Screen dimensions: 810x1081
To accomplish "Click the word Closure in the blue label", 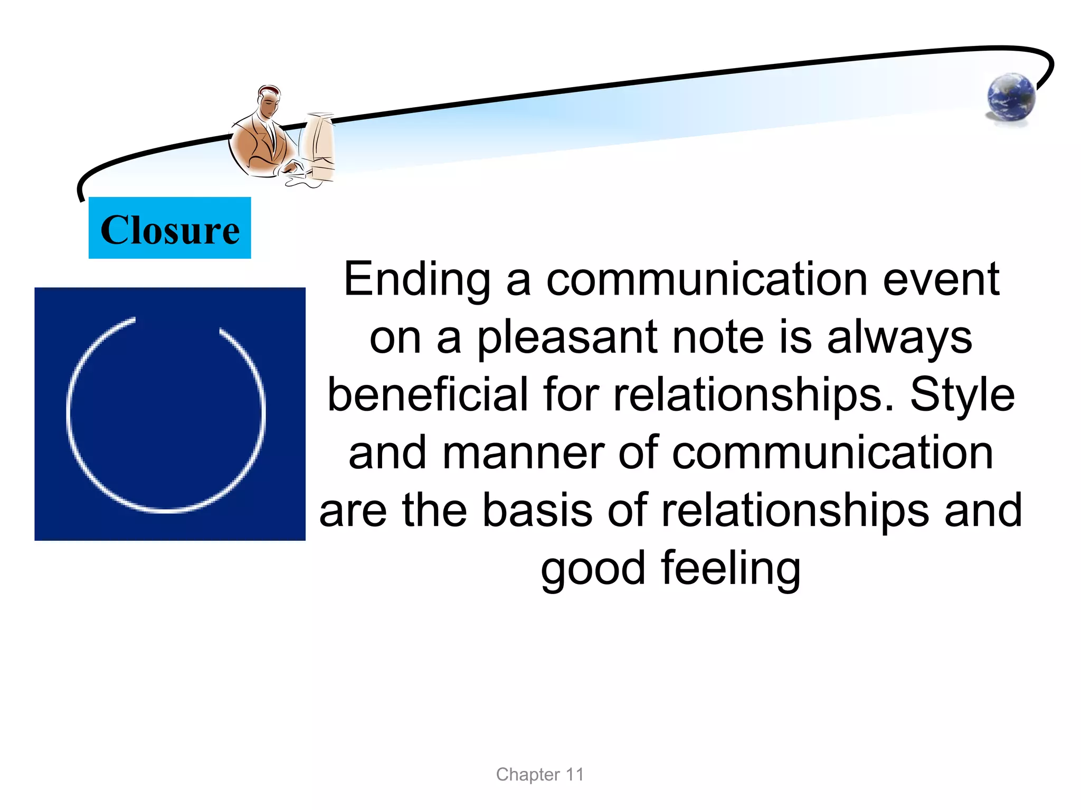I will click(169, 230).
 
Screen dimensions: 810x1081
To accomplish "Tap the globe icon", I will click(1011, 97).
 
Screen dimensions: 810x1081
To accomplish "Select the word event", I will click(941, 280).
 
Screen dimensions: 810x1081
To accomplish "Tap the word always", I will click(899, 338).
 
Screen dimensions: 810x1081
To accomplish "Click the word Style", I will click(962, 396).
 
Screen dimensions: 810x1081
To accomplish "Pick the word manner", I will click(523, 453).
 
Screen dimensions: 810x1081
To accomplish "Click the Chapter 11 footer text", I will click(539, 775).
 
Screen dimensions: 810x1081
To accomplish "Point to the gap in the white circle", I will click(177, 322).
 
